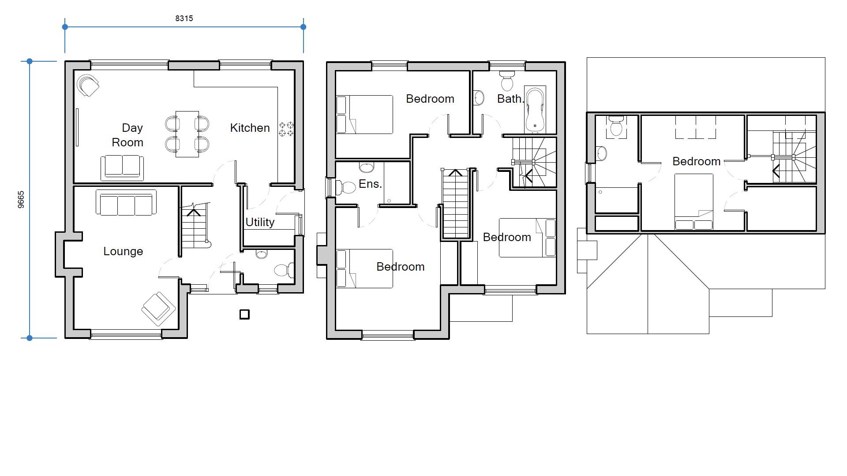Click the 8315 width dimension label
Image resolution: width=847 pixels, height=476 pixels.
click(x=184, y=18)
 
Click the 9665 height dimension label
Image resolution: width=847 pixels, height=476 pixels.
click(x=21, y=200)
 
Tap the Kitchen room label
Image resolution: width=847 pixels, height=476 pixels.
click(x=250, y=128)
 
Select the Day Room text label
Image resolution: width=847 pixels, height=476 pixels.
click(x=127, y=135)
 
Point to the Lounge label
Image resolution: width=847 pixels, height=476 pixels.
click(x=123, y=251)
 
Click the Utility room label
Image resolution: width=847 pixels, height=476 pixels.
click(x=260, y=222)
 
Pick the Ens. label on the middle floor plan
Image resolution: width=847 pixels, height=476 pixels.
click(x=370, y=184)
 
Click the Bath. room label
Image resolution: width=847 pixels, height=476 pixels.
click(x=510, y=99)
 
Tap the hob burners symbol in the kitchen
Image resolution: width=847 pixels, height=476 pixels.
click(x=286, y=129)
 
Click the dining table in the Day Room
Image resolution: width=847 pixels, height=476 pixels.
click(x=187, y=134)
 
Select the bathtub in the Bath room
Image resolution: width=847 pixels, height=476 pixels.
click(x=535, y=109)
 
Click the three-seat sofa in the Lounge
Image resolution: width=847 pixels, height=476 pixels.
click(x=126, y=204)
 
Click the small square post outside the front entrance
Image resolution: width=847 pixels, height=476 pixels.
click(x=244, y=314)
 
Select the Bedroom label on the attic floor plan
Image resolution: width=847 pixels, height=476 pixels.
click(x=696, y=161)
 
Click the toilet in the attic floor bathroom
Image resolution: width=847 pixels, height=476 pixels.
click(x=616, y=126)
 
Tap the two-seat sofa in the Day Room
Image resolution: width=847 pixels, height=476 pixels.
click(x=122, y=167)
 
